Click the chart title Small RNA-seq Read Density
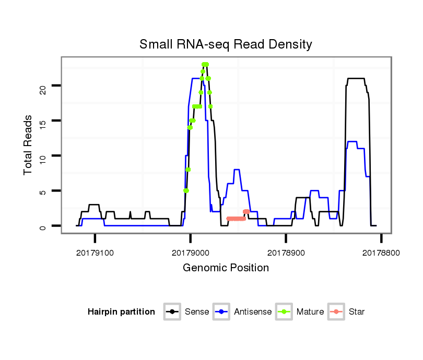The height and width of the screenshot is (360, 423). (x=226, y=44)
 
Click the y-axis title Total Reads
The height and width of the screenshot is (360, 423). (x=29, y=145)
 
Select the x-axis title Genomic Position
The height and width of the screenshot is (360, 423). (x=226, y=268)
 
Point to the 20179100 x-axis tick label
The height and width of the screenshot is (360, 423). (x=95, y=252)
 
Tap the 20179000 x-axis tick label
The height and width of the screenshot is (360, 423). (x=190, y=252)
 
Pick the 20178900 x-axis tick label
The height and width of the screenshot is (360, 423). (x=286, y=252)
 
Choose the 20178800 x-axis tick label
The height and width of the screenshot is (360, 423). (x=381, y=252)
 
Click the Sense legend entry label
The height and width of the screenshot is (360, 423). (x=197, y=312)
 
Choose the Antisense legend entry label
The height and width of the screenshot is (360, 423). (x=253, y=312)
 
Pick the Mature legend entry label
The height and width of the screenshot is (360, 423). (x=310, y=312)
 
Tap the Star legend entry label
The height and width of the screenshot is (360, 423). (x=357, y=312)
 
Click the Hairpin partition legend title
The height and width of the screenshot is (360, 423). (x=121, y=312)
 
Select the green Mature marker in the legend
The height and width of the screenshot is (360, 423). (x=285, y=312)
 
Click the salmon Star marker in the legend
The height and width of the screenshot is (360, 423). (x=337, y=312)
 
